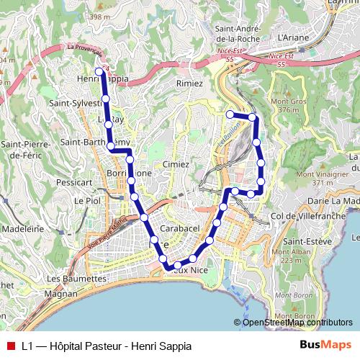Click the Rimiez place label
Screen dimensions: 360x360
tap(189, 84)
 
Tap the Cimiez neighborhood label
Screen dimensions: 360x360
tap(176, 165)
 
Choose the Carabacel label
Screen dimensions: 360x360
tap(179, 228)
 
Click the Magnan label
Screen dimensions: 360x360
tap(61, 294)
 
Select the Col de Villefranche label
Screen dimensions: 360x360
tap(300, 216)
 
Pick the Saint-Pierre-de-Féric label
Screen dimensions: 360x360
tap(24, 150)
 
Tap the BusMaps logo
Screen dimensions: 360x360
tap(325, 346)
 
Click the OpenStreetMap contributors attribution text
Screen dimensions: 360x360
tap(297, 323)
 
